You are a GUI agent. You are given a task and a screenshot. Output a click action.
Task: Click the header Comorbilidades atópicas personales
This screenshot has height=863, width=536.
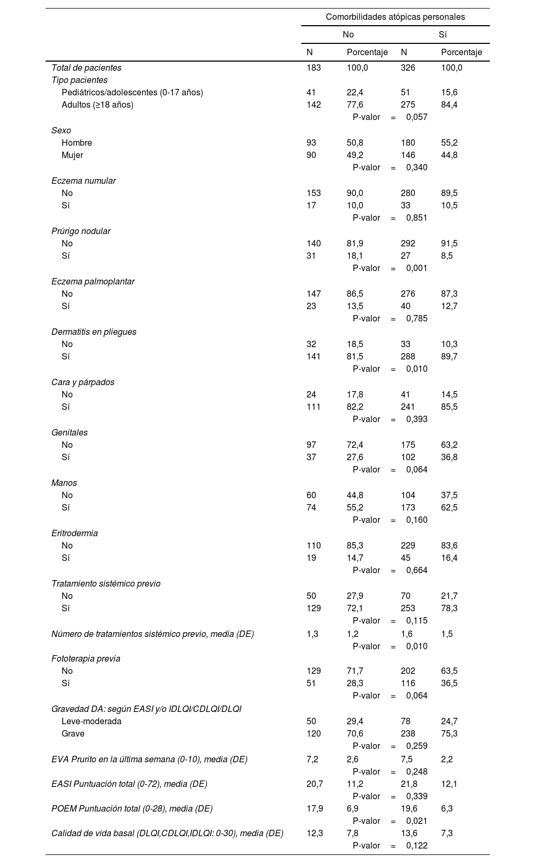coord(395,17)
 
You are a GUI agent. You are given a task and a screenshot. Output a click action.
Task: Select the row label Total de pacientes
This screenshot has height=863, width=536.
coord(86,68)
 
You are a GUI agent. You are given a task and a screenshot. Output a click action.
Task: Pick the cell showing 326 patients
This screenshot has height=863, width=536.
coord(408,68)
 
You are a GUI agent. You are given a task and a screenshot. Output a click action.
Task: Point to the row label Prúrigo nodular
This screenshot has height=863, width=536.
coord(81,231)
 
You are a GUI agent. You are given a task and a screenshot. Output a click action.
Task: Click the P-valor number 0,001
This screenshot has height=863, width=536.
coord(416,268)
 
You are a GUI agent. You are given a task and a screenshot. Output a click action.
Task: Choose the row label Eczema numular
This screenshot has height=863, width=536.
coord(84,181)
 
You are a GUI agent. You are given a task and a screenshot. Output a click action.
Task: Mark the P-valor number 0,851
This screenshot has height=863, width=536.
coord(416,218)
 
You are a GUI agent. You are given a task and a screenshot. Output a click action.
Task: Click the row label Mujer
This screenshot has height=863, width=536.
coord(72,155)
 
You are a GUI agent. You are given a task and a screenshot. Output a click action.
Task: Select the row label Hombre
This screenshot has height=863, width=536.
coord(77,143)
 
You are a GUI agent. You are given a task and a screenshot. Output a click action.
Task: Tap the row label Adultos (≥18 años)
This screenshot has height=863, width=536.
coord(98,105)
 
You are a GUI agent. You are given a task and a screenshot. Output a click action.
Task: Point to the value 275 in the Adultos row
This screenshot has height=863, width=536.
coord(408,105)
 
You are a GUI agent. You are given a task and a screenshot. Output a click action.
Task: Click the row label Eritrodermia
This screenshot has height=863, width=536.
coord(75,534)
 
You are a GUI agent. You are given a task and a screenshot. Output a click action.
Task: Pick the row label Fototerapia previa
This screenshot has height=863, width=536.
coord(86,659)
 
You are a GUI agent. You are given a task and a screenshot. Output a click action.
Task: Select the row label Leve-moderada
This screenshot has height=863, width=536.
coord(92,722)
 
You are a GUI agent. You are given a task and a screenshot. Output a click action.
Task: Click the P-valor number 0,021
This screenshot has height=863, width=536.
coord(416,821)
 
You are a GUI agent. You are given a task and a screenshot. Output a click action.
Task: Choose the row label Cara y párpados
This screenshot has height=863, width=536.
coord(83,382)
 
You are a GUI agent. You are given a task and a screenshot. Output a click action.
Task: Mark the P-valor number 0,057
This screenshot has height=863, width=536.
coord(416,117)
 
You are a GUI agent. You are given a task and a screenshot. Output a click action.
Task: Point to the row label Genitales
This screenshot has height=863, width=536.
coord(70,433)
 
